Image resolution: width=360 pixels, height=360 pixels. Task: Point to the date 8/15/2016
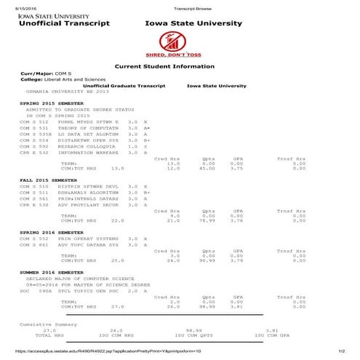(14, 4)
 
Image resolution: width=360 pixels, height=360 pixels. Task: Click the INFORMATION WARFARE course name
(84, 152)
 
